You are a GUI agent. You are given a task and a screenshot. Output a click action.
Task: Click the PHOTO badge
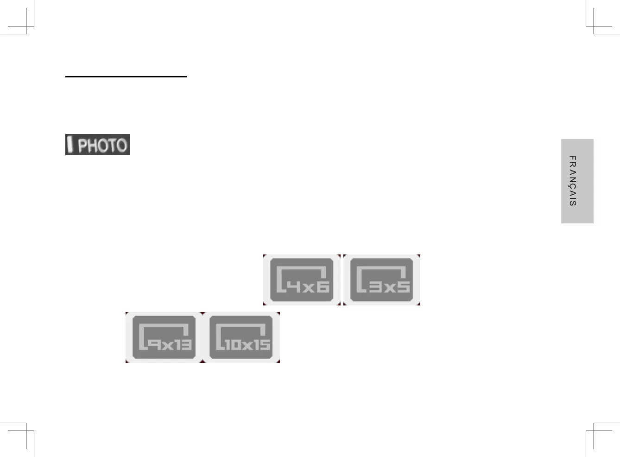[x=97, y=145]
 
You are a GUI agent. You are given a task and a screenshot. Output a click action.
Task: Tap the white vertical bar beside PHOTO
[x=70, y=144]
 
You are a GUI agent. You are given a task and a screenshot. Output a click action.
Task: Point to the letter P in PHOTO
[x=82, y=146]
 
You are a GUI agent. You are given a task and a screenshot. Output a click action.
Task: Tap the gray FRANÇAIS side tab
[x=577, y=181]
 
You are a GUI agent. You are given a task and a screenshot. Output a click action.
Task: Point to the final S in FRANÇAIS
[x=573, y=203]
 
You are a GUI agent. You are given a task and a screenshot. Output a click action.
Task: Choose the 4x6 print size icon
[x=302, y=280]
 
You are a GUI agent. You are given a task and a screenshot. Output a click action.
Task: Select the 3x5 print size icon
[x=382, y=280]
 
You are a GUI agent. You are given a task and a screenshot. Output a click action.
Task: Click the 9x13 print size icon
[x=164, y=337]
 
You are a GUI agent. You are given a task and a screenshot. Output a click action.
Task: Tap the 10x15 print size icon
[x=241, y=337]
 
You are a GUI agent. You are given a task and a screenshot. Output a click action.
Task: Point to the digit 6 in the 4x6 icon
[x=323, y=287]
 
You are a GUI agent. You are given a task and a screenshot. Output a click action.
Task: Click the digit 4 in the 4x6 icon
[x=293, y=287]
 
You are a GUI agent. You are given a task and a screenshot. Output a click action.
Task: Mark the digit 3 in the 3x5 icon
[x=375, y=287]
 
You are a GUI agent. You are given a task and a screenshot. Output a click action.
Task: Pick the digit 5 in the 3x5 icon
[x=404, y=287]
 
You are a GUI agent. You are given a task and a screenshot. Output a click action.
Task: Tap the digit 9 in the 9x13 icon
[x=155, y=345]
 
